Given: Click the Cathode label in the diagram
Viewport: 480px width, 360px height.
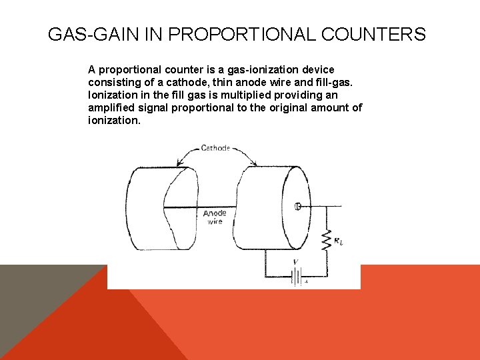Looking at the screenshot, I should [215, 147].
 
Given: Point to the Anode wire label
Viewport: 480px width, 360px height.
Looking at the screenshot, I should [215, 217].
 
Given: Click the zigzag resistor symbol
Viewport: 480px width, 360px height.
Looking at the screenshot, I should [326, 240].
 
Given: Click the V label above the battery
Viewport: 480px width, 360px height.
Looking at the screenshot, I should [295, 262].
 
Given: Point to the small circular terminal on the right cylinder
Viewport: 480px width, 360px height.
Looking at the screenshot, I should [298, 207].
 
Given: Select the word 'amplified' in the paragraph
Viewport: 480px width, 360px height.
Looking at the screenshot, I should [111, 107].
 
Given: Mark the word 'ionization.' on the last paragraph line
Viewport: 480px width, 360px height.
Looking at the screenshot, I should [114, 121].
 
